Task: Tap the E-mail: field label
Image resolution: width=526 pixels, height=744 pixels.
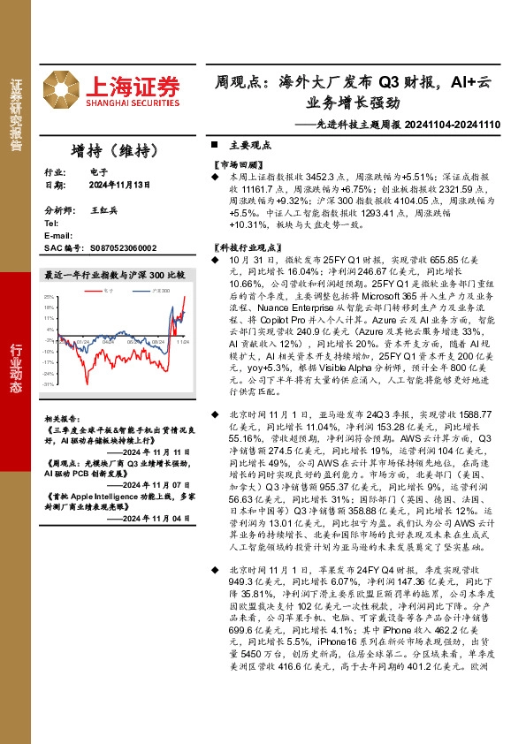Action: (x=58, y=237)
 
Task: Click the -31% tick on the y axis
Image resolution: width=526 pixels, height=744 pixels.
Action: (x=50, y=384)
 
